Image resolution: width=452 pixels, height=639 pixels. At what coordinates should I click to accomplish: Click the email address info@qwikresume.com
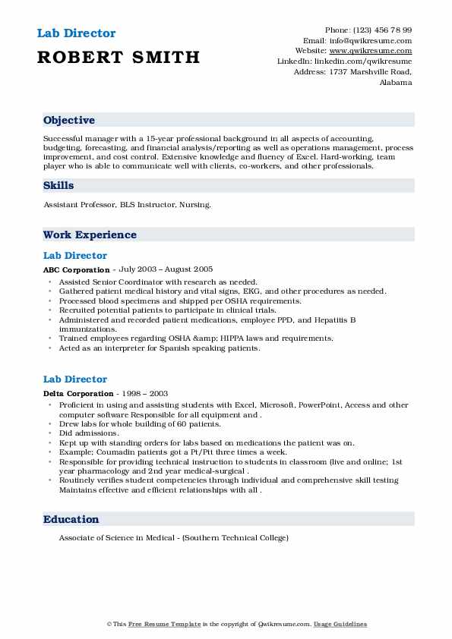369,41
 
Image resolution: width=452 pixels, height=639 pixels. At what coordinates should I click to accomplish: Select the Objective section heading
69,120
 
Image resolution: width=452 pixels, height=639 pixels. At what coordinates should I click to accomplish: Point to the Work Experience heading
90,235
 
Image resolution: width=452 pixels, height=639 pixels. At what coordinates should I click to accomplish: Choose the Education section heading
71,519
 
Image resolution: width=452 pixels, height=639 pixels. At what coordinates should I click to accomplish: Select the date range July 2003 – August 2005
165,269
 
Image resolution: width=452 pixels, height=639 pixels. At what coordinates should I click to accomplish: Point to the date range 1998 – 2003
147,394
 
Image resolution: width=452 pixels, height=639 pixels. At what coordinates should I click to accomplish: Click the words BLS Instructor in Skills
145,204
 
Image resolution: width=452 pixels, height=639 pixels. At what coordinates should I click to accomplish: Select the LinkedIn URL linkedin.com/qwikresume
366,61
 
